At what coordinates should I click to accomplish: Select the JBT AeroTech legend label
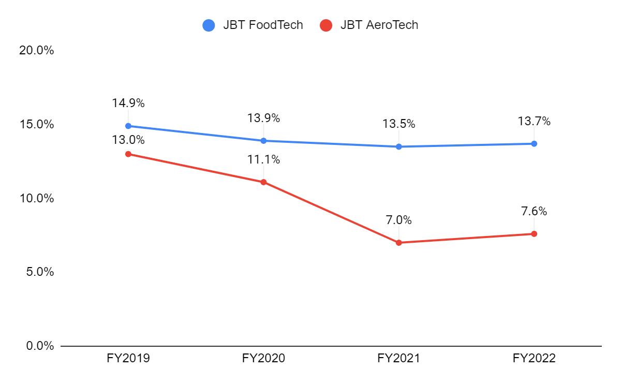coord(379,24)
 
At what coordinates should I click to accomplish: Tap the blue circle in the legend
coord(209,25)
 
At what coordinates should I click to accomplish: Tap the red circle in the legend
coord(326,25)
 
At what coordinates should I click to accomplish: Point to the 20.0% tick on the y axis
coord(37,51)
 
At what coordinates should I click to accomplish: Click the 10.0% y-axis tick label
coord(37,198)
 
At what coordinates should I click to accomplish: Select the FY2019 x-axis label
coord(128,359)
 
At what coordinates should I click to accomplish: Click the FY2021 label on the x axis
coord(398,359)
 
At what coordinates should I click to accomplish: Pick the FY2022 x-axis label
coord(534,359)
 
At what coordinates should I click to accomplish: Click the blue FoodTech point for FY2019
coord(128,126)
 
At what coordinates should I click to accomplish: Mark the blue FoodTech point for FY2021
coord(398,146)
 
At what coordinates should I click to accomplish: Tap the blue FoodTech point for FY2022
coord(534,143)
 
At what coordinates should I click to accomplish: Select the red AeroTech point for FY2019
coord(128,154)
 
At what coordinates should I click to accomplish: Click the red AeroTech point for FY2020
coord(263,182)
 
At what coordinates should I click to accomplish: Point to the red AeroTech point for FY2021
coord(398,242)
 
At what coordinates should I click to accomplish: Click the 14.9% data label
coord(128,103)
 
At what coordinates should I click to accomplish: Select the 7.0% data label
coord(398,220)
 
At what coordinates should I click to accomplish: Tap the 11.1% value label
coord(263,159)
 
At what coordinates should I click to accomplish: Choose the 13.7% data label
coord(534,121)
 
